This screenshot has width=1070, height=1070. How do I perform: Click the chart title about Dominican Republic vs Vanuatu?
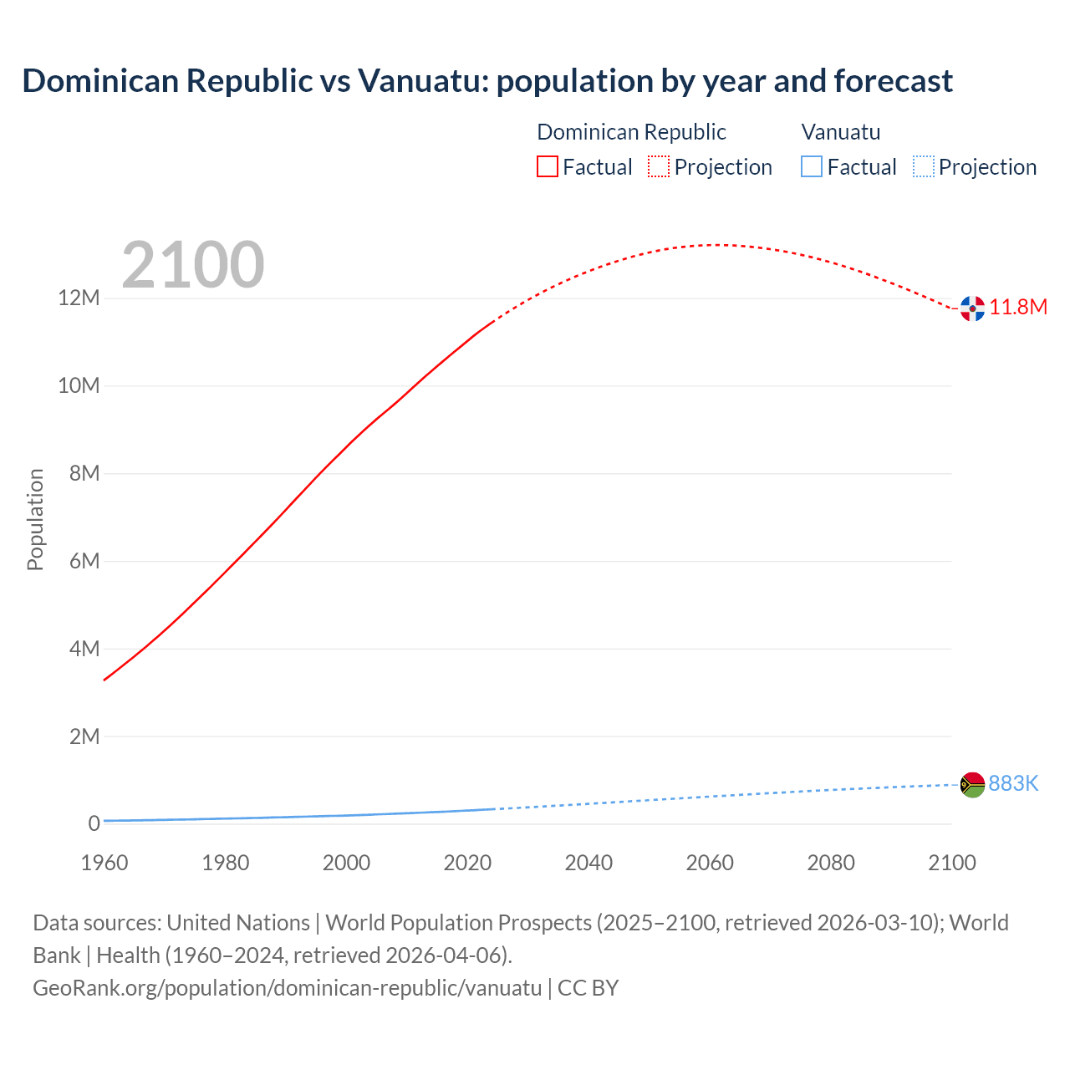[487, 81]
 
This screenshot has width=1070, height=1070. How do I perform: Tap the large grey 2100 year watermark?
[193, 265]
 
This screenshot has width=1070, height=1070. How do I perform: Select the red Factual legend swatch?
[547, 167]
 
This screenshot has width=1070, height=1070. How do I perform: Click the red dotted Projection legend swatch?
[659, 167]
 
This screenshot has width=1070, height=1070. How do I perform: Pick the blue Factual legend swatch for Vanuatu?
[811, 167]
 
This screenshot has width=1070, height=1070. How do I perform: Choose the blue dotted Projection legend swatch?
[924, 167]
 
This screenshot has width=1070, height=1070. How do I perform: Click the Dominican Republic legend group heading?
[631, 132]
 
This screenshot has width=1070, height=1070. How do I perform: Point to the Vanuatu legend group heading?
[840, 132]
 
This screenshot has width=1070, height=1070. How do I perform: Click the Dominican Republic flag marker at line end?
[972, 308]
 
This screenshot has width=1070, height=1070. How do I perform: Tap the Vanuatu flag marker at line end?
[972, 784]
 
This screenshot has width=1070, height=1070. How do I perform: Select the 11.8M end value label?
[1018, 308]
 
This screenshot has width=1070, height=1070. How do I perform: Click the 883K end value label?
[1013, 784]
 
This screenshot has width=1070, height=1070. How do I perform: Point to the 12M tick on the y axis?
[79, 298]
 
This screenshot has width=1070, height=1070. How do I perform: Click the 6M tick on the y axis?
[84, 561]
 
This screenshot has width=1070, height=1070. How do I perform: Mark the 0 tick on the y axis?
[94, 823]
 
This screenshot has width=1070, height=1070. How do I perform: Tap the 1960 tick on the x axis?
[104, 863]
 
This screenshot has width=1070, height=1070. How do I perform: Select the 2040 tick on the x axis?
[588, 863]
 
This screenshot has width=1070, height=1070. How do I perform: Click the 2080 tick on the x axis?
[831, 863]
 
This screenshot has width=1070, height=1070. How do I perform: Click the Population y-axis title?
[35, 519]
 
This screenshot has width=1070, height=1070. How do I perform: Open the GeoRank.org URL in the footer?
[287, 988]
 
